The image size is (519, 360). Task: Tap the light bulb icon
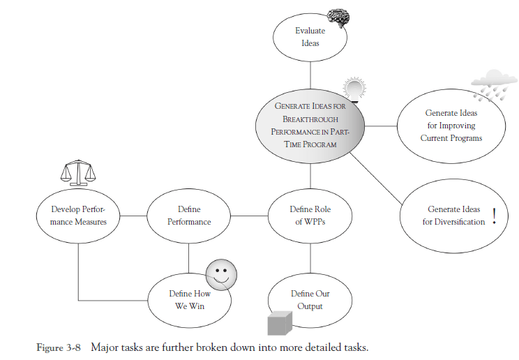point(355,91)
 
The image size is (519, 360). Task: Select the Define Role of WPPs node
point(309,216)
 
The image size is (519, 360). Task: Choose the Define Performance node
point(189,216)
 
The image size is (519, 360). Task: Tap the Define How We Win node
point(189,300)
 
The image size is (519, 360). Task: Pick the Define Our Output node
point(309,300)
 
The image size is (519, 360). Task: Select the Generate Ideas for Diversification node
point(453,216)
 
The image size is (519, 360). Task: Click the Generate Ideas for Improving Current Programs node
point(451,126)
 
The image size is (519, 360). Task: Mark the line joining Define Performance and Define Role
point(249,216)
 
